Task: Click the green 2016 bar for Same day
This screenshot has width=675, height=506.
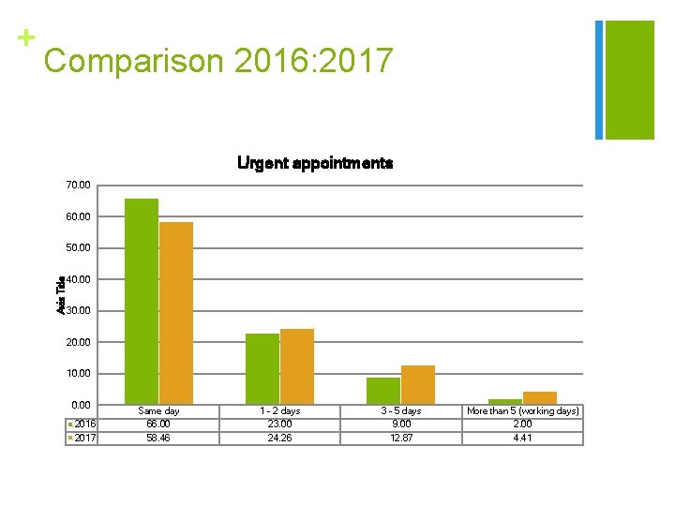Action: (x=142, y=301)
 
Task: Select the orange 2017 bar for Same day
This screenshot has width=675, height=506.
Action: (x=176, y=313)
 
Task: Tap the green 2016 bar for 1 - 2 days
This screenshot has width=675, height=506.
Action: (x=262, y=368)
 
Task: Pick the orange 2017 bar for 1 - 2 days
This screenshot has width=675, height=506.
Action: (x=297, y=366)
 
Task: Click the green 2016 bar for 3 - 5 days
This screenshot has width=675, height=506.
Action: (x=382, y=391)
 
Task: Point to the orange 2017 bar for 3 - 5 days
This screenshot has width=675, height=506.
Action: (x=418, y=384)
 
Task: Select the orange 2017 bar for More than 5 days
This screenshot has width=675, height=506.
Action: (x=540, y=398)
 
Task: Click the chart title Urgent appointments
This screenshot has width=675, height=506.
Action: (x=315, y=163)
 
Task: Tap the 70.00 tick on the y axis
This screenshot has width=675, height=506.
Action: (x=80, y=186)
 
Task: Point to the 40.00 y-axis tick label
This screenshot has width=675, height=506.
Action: (x=80, y=279)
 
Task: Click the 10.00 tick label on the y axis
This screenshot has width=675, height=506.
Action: (x=80, y=373)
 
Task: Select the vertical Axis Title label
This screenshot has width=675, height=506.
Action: (x=61, y=294)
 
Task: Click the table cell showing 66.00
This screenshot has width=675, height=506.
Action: (x=158, y=424)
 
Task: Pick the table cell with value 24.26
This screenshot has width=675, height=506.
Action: (x=279, y=438)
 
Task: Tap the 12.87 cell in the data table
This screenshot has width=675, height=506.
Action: (x=401, y=438)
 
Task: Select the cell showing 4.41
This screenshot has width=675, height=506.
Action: (x=522, y=438)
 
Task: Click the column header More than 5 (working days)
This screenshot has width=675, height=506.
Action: (x=522, y=410)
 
